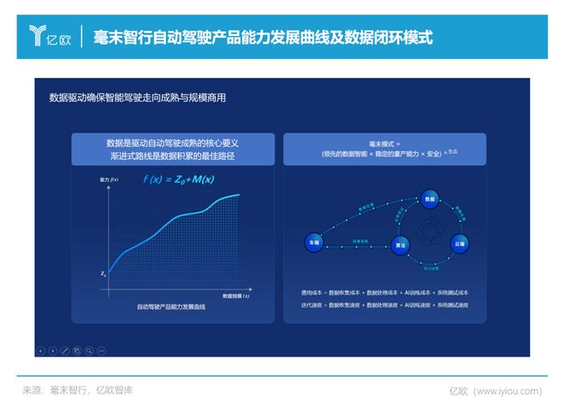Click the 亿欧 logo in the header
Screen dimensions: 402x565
coord(50,36)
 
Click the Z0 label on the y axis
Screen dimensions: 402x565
coord(103,274)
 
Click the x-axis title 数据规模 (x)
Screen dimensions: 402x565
coord(235,296)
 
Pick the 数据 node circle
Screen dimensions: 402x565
coord(430,199)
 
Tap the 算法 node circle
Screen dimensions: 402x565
coord(400,244)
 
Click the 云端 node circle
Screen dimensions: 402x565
coord(460,244)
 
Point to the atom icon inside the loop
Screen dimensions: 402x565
coord(428,232)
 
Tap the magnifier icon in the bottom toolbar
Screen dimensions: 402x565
coord(89,350)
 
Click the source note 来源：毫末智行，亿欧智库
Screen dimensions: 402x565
coord(77,390)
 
